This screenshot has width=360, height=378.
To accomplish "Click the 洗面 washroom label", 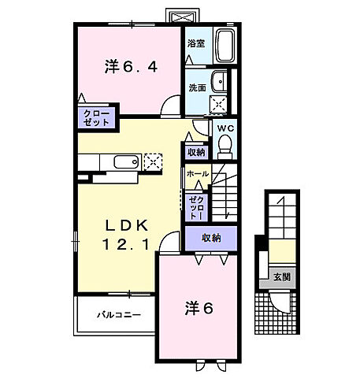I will tap(196, 87).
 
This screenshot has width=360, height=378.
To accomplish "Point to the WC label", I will tap(225, 128).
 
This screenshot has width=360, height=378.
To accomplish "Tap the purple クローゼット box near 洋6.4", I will tap(97, 118).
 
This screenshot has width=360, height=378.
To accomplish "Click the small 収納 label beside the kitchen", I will tap(195, 151).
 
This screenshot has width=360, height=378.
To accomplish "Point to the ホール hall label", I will tap(197, 173).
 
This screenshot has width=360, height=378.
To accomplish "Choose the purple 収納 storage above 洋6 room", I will tap(210, 238).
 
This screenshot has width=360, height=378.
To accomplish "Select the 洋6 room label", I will tap(199, 309).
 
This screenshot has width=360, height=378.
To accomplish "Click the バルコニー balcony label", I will tap(118, 315).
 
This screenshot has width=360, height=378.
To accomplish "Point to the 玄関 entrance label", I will tap(281, 276).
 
